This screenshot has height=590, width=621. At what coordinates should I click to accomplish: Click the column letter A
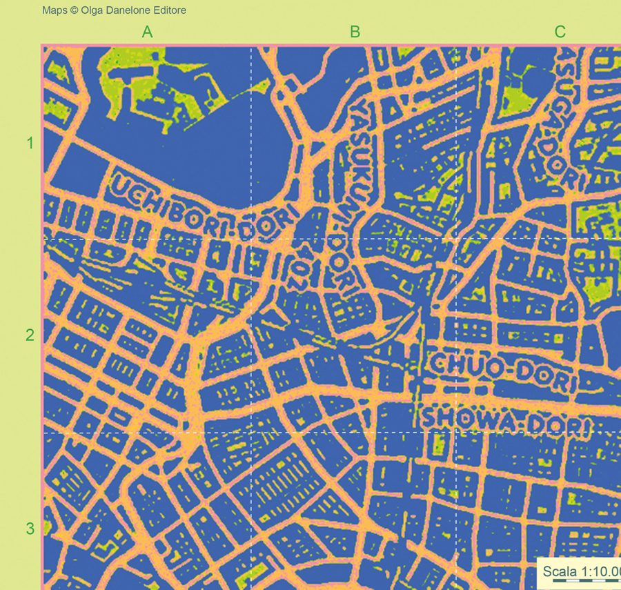tap(147, 32)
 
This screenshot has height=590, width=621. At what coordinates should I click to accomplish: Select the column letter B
tap(355, 32)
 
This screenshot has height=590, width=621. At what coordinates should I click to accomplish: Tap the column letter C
tap(560, 32)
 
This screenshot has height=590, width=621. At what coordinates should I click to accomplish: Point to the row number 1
tap(30, 144)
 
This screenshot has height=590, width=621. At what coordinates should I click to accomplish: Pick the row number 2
tap(30, 335)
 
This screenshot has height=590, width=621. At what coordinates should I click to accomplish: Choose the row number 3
tap(30, 529)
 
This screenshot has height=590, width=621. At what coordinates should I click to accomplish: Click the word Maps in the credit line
tap(55, 10)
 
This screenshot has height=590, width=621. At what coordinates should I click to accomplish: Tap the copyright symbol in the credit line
tap(75, 10)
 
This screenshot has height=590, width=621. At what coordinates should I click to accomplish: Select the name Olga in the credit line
tap(92, 10)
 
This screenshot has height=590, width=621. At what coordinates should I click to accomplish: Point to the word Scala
tap(559, 571)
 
